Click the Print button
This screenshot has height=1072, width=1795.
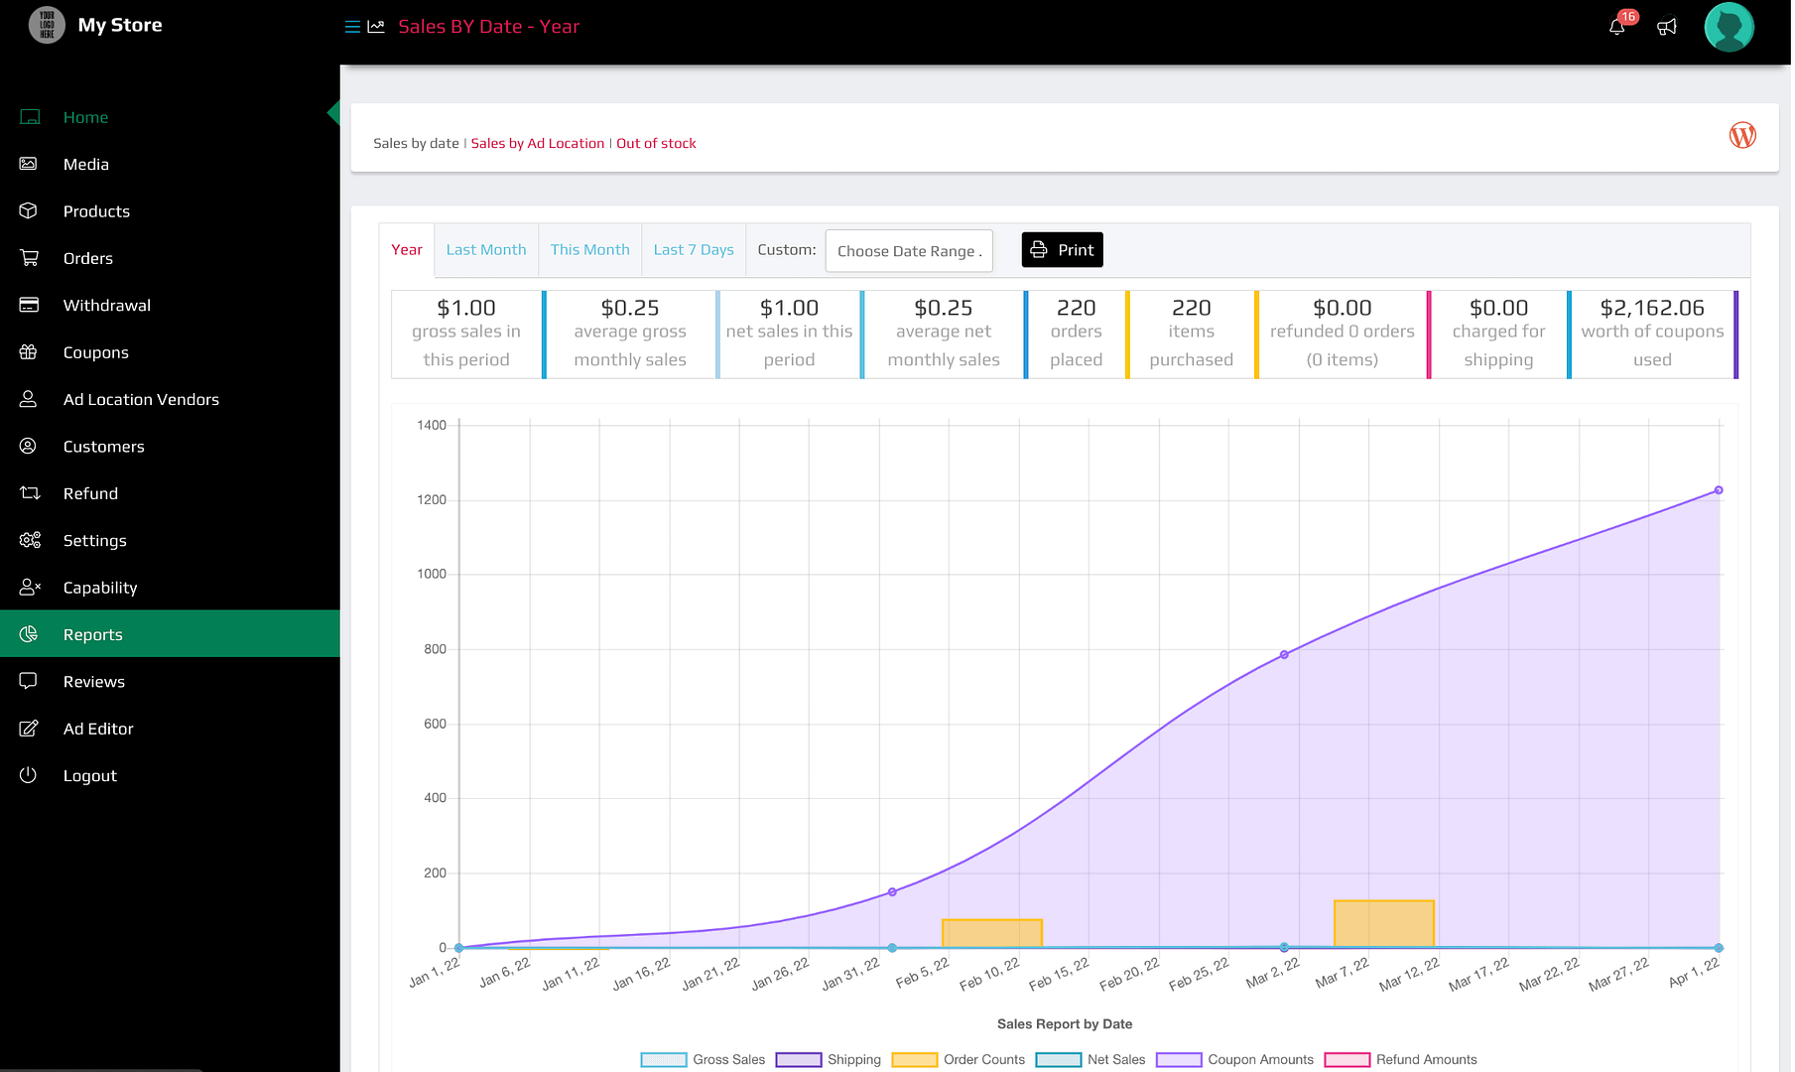pos(1062,250)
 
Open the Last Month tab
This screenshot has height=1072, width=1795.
pos(486,250)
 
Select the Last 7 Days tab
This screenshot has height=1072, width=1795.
pos(694,250)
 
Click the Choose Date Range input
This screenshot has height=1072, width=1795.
pos(909,251)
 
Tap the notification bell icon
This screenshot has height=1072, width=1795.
pos(1616,27)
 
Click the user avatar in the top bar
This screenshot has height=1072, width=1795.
pos(1729,27)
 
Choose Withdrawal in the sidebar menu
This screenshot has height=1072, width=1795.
pos(106,306)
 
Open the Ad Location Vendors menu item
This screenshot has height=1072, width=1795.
pos(141,400)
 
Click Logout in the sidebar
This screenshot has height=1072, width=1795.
pos(89,776)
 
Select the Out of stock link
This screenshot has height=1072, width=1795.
pos(656,144)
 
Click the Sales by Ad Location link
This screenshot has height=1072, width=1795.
pos(537,144)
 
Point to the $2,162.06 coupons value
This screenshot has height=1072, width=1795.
pos(1651,309)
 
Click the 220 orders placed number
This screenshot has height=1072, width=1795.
pos(1076,309)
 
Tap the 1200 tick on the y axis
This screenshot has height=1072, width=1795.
pos(432,500)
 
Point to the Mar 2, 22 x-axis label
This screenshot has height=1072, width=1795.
pos(1272,973)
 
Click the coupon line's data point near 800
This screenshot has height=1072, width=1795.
pos(1284,655)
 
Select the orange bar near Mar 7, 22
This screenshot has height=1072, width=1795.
pos(1383,923)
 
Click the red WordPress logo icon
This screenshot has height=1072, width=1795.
pos(1742,136)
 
